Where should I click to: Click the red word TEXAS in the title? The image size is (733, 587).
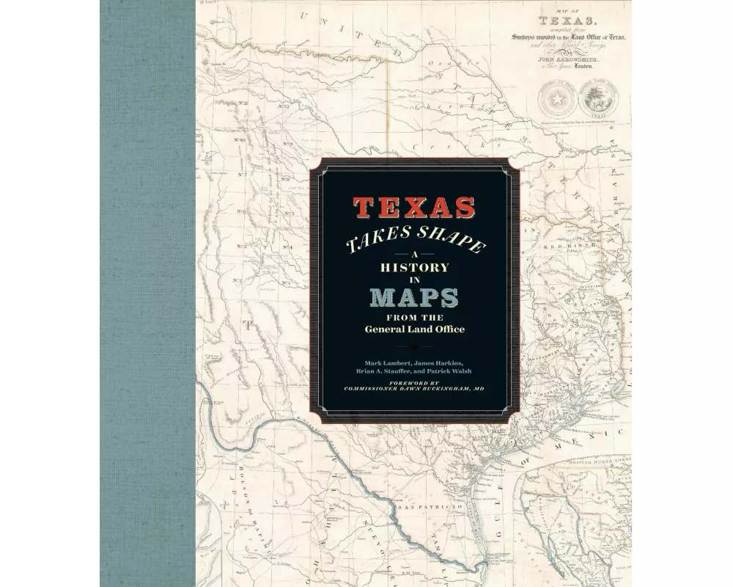[x=413, y=208]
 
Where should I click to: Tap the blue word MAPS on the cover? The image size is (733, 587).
[x=413, y=297]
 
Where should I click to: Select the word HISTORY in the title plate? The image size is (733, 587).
[x=413, y=267]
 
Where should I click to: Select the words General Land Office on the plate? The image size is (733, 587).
[x=414, y=329]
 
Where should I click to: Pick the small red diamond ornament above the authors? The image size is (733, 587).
[x=414, y=346]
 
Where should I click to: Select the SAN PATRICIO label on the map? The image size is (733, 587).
[x=429, y=507]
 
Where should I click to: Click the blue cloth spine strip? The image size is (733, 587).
[x=147, y=293]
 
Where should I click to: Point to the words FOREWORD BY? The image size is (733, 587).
[x=414, y=382]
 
